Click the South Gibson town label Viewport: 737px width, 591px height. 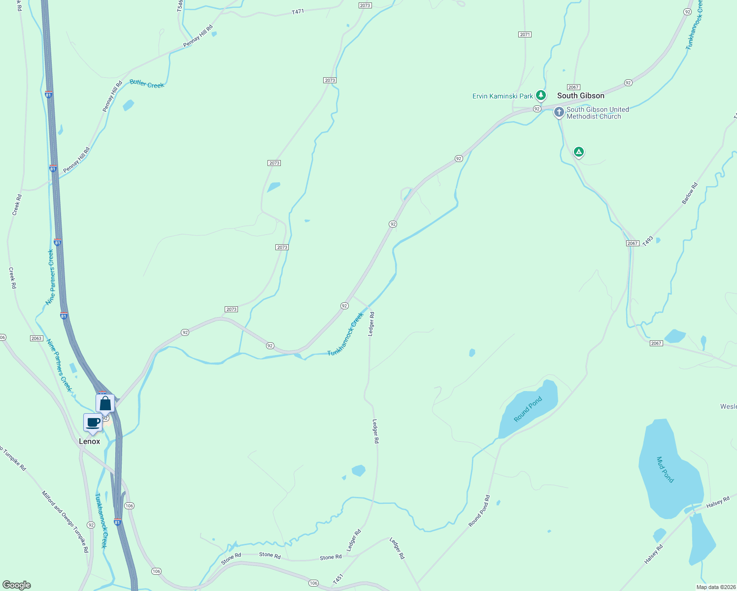[580, 96]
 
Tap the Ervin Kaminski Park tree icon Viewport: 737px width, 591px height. [541, 95]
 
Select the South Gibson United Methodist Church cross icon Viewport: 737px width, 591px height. [559, 112]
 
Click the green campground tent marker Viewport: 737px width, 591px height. [579, 152]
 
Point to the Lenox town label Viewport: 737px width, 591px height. [89, 441]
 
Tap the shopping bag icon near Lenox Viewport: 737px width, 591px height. [105, 403]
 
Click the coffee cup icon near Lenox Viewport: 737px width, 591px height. [93, 422]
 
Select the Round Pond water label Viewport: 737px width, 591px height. [528, 409]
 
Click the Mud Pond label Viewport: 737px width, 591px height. [665, 469]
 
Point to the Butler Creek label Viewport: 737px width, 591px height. [147, 84]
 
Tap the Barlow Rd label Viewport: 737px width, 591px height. [690, 194]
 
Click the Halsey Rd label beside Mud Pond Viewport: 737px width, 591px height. [717, 503]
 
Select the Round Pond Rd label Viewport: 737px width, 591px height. [479, 511]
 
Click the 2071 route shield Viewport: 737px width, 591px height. [525, 34]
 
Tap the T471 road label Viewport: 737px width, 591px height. [298, 11]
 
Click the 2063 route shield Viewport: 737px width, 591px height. [36, 338]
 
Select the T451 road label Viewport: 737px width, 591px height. [337, 579]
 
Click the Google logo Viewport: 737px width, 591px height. [17, 585]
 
